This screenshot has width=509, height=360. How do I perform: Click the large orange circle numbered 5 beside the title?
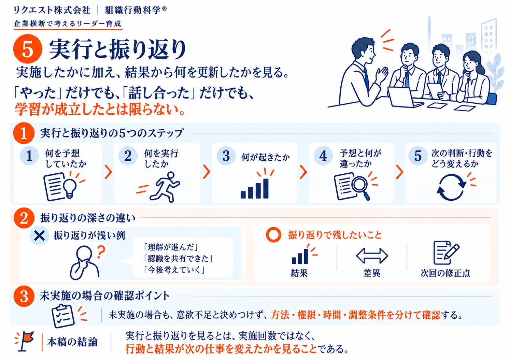[x=28, y=49]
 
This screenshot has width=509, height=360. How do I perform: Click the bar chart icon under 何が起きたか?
[x=255, y=188]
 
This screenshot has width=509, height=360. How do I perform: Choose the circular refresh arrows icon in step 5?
[x=451, y=187]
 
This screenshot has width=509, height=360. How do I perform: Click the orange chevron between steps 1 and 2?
[x=109, y=172]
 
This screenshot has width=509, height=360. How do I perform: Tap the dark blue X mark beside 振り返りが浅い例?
[x=39, y=236]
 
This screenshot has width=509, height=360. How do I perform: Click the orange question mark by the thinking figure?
[x=101, y=252]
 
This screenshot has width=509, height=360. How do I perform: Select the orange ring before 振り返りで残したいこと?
[x=273, y=235]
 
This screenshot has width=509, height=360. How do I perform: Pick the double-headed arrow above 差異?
[x=372, y=256]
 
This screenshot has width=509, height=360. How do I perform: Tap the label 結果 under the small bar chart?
[x=299, y=273]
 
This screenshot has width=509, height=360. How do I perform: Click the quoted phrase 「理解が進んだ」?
[x=171, y=247]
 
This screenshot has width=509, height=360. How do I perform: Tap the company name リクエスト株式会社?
[x=52, y=10]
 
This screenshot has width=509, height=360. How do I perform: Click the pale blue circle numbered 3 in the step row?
[x=226, y=156]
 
